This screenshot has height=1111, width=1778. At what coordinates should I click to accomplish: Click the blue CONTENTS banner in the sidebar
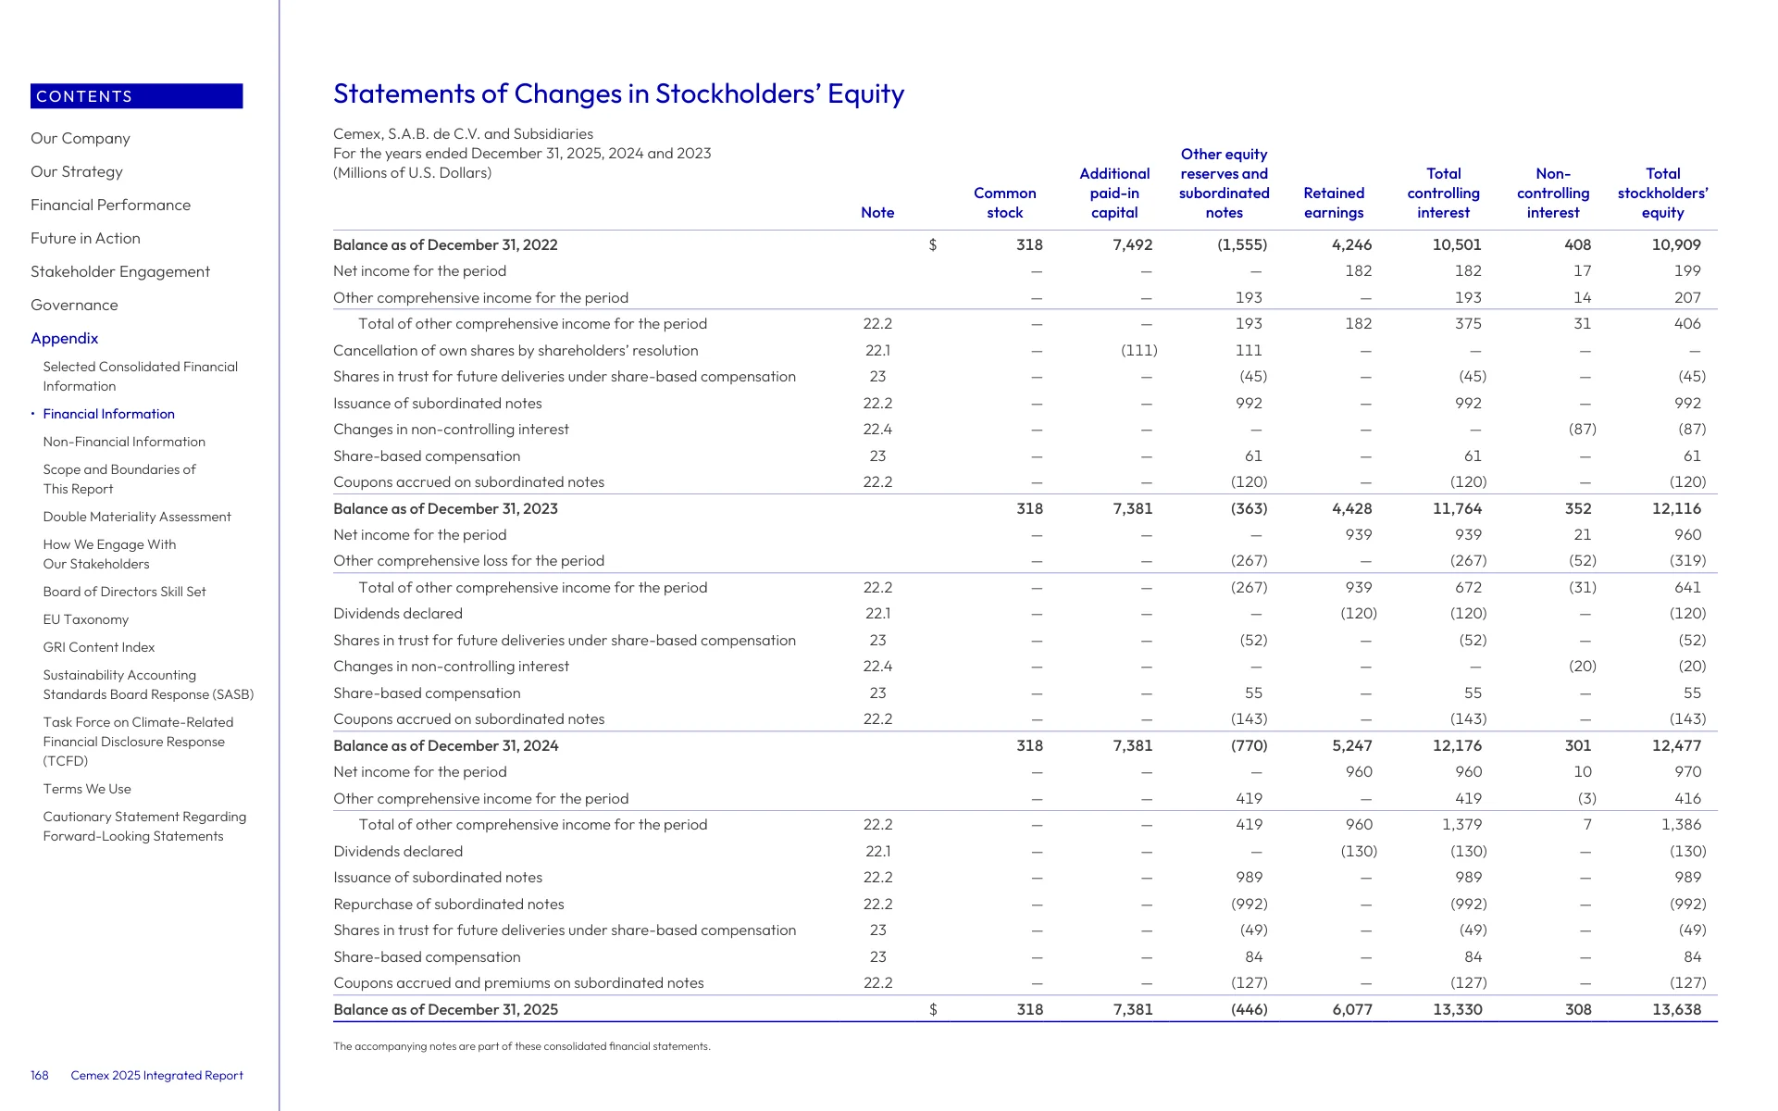(137, 96)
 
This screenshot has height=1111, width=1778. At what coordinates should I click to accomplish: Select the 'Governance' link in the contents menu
(74, 305)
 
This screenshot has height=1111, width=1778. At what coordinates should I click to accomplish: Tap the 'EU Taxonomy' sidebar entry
(86, 619)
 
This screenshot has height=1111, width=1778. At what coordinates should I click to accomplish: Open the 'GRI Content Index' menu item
(99, 647)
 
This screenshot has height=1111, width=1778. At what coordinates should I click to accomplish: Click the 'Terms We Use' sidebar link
(87, 789)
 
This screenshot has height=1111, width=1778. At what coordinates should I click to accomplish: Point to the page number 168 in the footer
(40, 1075)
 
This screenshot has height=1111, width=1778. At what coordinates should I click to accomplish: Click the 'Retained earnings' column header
(1334, 203)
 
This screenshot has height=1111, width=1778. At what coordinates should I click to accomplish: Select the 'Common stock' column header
(1005, 203)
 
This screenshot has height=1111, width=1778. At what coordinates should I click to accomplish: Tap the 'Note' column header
(877, 213)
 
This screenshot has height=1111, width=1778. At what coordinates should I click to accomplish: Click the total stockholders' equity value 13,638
(1677, 1009)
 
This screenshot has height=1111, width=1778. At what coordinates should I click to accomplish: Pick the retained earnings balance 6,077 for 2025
(1352, 1009)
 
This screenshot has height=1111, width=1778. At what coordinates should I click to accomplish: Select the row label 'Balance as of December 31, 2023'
(445, 508)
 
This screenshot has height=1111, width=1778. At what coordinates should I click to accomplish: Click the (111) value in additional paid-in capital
(1139, 350)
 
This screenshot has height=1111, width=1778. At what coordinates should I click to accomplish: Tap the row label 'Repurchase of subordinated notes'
(449, 904)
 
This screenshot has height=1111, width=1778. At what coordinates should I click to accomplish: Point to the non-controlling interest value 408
(1578, 244)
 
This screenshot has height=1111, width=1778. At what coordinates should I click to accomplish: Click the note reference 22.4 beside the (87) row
(878, 429)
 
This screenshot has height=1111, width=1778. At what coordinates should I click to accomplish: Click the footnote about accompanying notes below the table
(522, 1046)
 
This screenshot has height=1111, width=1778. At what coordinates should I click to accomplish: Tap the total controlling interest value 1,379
(1462, 824)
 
